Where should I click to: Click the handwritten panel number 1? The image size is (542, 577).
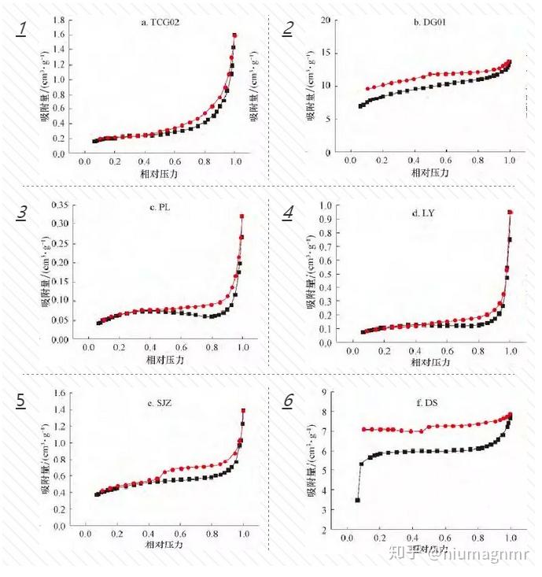point(23,30)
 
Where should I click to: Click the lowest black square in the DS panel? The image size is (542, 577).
point(357,500)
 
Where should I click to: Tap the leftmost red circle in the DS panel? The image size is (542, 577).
point(363,429)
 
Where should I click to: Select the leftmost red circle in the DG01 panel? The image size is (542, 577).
point(367,89)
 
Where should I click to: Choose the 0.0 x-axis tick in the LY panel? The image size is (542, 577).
point(349,350)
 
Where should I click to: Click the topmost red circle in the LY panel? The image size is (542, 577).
point(511,212)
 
